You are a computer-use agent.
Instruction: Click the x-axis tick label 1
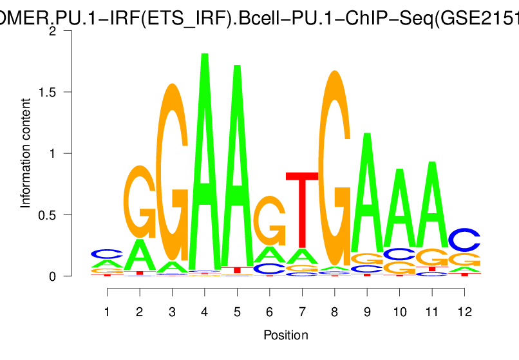point(108,312)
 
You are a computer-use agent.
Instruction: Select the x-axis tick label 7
point(302,312)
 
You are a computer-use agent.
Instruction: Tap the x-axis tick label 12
point(464,312)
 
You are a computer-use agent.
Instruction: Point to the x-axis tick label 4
point(205,312)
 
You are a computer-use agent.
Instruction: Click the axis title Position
point(286,335)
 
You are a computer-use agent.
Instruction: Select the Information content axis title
point(26,153)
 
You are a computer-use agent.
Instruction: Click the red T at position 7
point(302,209)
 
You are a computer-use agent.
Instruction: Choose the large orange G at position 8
point(334,167)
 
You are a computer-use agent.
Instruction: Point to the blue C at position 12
point(464,240)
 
